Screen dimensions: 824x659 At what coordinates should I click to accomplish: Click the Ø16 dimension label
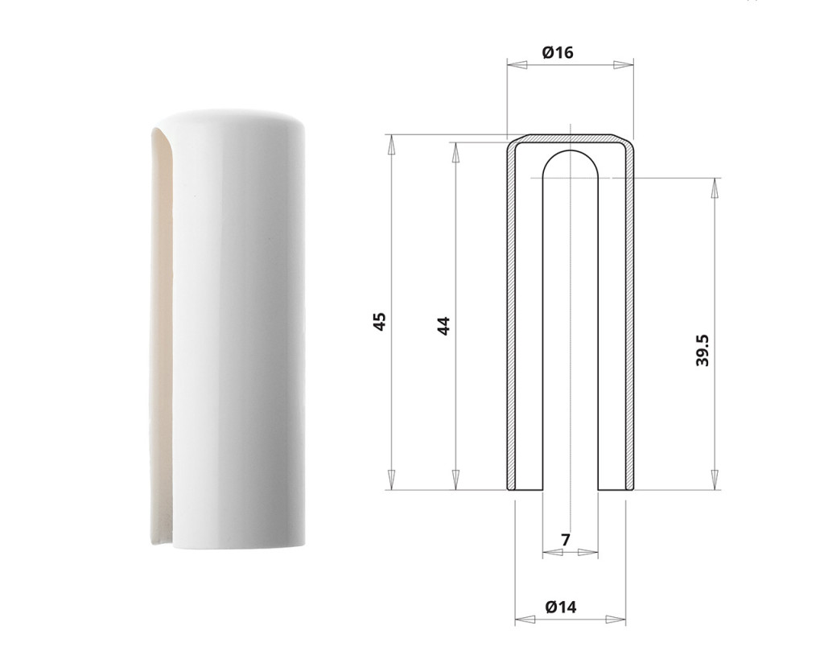557,52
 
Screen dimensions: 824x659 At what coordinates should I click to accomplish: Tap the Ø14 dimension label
561,607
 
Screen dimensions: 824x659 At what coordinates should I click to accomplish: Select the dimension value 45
380,321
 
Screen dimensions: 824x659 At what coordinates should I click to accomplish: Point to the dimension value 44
444,325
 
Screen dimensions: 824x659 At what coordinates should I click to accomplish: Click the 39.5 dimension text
702,351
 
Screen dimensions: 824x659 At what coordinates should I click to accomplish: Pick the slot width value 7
566,540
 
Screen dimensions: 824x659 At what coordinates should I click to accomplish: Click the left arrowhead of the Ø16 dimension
517,64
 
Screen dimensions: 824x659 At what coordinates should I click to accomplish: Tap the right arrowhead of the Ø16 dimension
624,64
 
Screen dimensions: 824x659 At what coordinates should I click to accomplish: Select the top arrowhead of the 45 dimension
390,145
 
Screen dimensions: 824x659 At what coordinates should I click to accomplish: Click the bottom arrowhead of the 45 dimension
390,480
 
